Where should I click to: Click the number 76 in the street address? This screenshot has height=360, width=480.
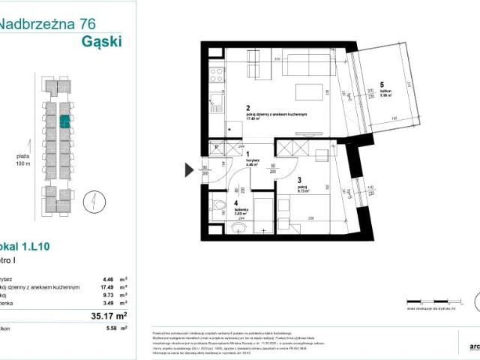(90, 24)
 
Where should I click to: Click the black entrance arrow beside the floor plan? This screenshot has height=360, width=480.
(190, 171)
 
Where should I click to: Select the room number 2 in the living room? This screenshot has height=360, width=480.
(247, 107)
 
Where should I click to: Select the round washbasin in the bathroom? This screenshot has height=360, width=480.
(238, 228)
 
